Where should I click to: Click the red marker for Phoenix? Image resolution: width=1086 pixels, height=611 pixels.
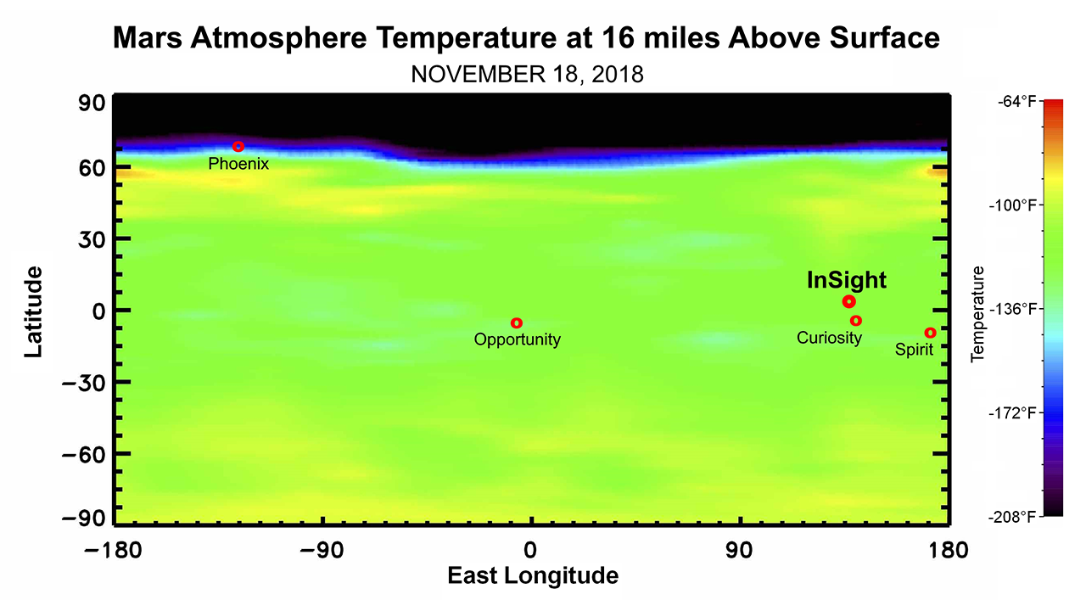tap(238, 147)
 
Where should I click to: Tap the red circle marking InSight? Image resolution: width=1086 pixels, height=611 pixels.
tap(848, 302)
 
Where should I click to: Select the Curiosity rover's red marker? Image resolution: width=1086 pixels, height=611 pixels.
tap(856, 321)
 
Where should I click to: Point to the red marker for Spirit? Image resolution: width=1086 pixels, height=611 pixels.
tap(930, 333)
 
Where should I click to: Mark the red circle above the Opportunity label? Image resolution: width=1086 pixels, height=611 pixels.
tap(516, 323)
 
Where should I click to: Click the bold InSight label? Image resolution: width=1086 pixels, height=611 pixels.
tap(846, 281)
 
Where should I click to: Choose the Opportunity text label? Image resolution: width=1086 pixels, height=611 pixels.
tap(517, 340)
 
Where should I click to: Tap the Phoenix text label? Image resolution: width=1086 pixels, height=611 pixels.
tap(238, 164)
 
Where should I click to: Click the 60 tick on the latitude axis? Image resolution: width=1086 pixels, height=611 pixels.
tap(92, 168)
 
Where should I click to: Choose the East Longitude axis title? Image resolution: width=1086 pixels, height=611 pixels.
tap(533, 576)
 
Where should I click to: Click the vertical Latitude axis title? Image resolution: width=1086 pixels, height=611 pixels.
tap(34, 311)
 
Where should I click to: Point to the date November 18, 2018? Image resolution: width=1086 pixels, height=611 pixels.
tap(527, 75)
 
